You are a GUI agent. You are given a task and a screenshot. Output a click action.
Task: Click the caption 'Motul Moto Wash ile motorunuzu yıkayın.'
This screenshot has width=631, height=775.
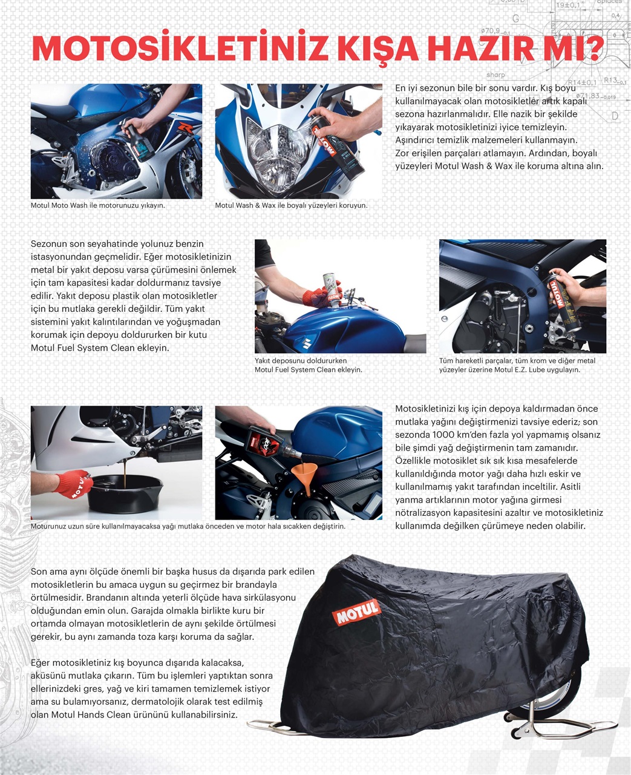click(x=98, y=206)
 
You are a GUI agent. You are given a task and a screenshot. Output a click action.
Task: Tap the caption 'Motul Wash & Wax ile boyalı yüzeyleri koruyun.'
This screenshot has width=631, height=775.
click(x=291, y=206)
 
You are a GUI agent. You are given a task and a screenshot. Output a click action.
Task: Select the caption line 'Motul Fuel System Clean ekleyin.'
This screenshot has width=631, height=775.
click(x=308, y=370)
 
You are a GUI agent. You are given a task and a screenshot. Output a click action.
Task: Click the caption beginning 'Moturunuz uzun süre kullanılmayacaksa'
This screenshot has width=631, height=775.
click(x=188, y=527)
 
